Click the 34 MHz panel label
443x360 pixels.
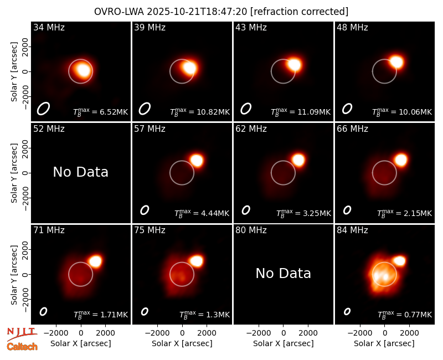(49, 27)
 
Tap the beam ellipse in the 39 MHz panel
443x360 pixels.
(145, 109)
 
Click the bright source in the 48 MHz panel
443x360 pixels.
(396, 62)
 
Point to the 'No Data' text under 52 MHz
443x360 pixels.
(80, 172)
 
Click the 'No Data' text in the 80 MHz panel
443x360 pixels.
(283, 273)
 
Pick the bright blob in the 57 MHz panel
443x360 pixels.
(197, 161)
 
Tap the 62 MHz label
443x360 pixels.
(251, 129)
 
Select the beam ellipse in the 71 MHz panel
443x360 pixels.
(43, 311)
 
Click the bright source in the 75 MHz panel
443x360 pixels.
(197, 261)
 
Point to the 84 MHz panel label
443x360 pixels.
(352, 230)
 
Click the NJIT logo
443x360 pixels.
(22, 334)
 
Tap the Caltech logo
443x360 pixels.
(22, 347)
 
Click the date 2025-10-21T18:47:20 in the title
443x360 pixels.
(197, 12)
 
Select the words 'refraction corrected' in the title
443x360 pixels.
(299, 12)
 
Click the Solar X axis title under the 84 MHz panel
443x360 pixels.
(384, 343)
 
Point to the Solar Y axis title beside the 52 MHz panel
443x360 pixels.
(14, 173)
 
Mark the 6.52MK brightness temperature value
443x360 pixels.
(114, 112)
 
